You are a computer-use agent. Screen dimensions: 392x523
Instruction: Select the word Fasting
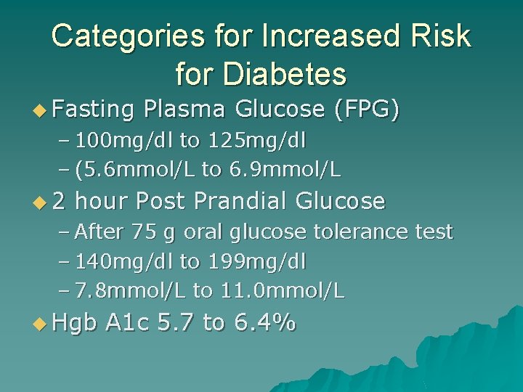(x=94, y=110)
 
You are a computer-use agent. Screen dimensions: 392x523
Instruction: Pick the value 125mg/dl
(x=246, y=139)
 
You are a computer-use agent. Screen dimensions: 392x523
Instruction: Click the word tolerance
(x=344, y=232)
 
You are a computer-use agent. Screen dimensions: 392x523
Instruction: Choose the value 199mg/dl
(x=246, y=261)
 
